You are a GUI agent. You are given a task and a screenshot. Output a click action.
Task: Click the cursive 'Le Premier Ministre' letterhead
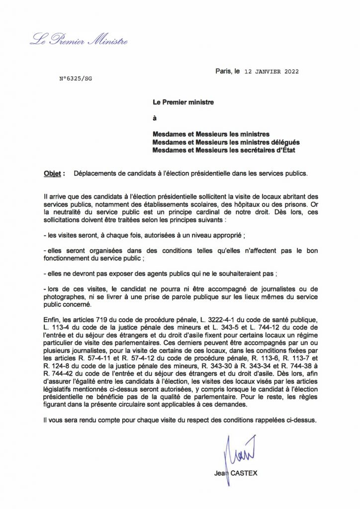point(79,40)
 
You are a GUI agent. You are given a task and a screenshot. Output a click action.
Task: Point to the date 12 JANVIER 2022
point(271,72)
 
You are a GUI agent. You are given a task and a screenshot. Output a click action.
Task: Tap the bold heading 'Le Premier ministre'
point(183,102)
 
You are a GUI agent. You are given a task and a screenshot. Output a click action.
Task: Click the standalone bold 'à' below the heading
point(154,118)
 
